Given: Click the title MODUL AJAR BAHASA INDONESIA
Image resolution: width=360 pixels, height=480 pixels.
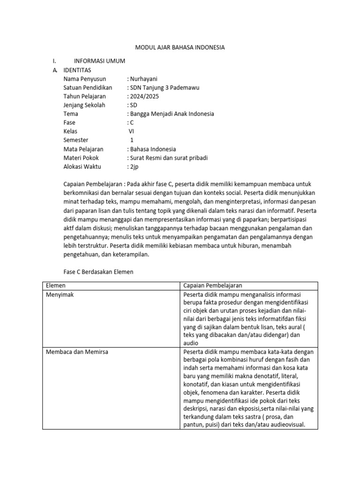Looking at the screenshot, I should tap(180, 47).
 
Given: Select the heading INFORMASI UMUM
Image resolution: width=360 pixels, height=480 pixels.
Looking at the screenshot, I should tap(99, 61).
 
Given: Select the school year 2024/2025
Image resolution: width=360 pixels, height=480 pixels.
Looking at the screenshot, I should tap(144, 96).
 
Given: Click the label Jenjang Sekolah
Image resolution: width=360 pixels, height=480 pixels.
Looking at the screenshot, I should tap(84, 105).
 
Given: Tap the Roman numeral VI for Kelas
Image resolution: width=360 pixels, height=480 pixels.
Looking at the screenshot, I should tap(131, 131).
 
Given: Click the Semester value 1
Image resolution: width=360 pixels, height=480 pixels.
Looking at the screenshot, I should tap(132, 140).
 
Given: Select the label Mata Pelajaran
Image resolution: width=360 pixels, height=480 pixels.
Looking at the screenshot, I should tap(83, 149).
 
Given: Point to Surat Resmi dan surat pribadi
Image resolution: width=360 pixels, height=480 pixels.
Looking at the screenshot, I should tap(168, 157).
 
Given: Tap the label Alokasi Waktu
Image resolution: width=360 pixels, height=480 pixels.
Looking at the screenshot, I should tap(82, 166).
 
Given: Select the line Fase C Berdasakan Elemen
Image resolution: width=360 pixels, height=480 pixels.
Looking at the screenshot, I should tap(98, 271).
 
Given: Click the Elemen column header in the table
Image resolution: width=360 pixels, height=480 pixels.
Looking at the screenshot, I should tap(56, 285).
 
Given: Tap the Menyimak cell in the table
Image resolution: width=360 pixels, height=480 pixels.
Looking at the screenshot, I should tap(60, 294).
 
